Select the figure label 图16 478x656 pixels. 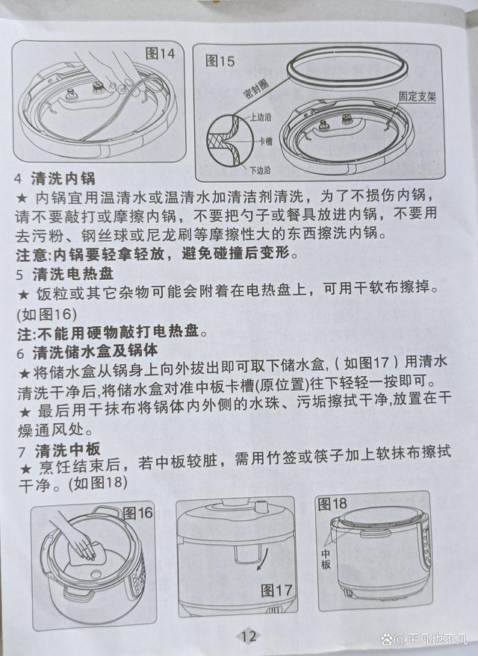(137, 513)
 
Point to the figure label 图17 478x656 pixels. (276, 590)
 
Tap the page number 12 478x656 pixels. (249, 636)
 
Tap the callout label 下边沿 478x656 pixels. (260, 169)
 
